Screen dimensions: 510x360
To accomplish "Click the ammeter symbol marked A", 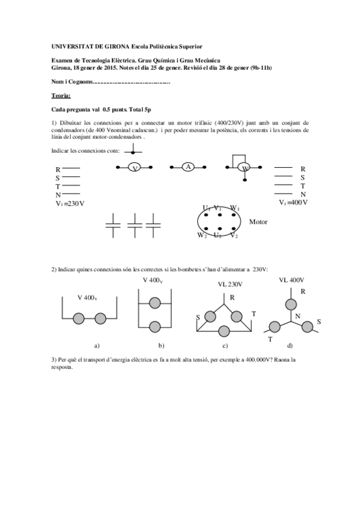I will pyautogui.click(x=188, y=167).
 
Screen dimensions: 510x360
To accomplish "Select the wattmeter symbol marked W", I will pyautogui.click(x=244, y=168).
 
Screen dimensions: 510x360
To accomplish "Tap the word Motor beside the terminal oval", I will pyautogui.click(x=258, y=222).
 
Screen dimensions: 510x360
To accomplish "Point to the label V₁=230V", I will pyautogui.click(x=70, y=203).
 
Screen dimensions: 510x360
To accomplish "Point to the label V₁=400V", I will pyautogui.click(x=293, y=203).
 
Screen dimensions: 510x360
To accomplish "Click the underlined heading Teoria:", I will pyautogui.click(x=61, y=95).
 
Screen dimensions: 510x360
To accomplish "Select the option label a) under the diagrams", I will pyautogui.click(x=97, y=345).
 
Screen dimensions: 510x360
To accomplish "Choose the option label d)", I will pyautogui.click(x=290, y=345).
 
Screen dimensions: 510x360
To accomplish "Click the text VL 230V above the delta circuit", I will pyautogui.click(x=230, y=284).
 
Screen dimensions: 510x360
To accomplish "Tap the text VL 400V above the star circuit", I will pyautogui.click(x=291, y=280).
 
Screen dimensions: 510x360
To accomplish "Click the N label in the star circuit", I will pyautogui.click(x=297, y=316).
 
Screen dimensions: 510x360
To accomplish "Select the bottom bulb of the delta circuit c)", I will pyautogui.click(x=225, y=330).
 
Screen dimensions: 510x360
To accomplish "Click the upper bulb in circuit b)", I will pyautogui.click(x=154, y=303).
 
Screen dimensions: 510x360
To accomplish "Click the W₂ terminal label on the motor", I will pyautogui.click(x=202, y=235).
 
